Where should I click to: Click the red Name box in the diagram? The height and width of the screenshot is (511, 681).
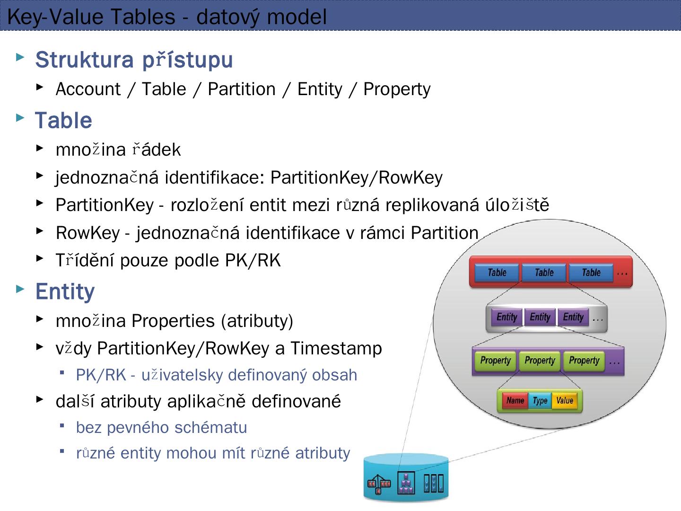tap(515, 401)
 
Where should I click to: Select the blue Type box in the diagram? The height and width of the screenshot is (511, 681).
tap(540, 401)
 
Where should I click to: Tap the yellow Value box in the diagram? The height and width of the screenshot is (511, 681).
tap(565, 401)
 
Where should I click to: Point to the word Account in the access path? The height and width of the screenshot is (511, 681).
tap(88, 89)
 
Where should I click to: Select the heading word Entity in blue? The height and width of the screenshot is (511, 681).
tap(65, 291)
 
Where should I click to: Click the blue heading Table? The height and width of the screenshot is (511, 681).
tap(63, 120)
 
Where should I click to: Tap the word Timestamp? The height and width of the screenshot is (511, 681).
tap(336, 348)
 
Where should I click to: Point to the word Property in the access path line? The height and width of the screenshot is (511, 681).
tap(397, 89)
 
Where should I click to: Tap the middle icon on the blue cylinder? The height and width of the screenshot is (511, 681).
tap(406, 483)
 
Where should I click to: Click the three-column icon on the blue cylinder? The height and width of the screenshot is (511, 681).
tap(433, 483)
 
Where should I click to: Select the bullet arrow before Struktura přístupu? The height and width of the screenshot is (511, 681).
tap(20, 58)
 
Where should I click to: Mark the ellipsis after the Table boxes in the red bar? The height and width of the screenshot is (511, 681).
tap(622, 273)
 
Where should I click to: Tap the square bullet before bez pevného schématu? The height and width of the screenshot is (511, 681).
tap(62, 425)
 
